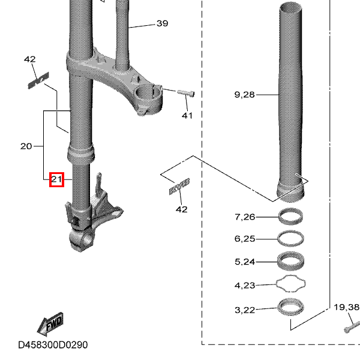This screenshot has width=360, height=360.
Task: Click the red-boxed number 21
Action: pyautogui.click(x=56, y=179)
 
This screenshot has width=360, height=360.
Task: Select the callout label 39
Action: pyautogui.click(x=162, y=23)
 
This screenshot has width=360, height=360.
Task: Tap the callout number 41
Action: pyautogui.click(x=187, y=115)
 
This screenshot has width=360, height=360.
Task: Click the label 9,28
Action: pyautogui.click(x=245, y=94)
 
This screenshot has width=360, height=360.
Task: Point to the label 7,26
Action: pyautogui.click(x=245, y=217)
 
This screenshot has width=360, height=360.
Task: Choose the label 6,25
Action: pyautogui.click(x=245, y=239)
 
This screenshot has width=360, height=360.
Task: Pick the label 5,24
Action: pyautogui.click(x=245, y=262)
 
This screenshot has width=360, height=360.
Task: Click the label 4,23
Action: pyautogui.click(x=245, y=285)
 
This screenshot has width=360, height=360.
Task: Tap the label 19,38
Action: pyautogui.click(x=347, y=307)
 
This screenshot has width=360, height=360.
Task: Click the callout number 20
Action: pyautogui.click(x=26, y=146)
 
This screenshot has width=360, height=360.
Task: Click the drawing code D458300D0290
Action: pyautogui.click(x=53, y=345)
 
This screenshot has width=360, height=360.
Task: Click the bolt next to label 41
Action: pyautogui.click(x=186, y=93)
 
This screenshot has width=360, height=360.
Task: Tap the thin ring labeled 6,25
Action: pyautogui.click(x=291, y=238)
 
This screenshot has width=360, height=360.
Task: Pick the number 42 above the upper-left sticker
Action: pyautogui.click(x=30, y=59)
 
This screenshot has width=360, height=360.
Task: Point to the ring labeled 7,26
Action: pyautogui.click(x=291, y=216)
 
